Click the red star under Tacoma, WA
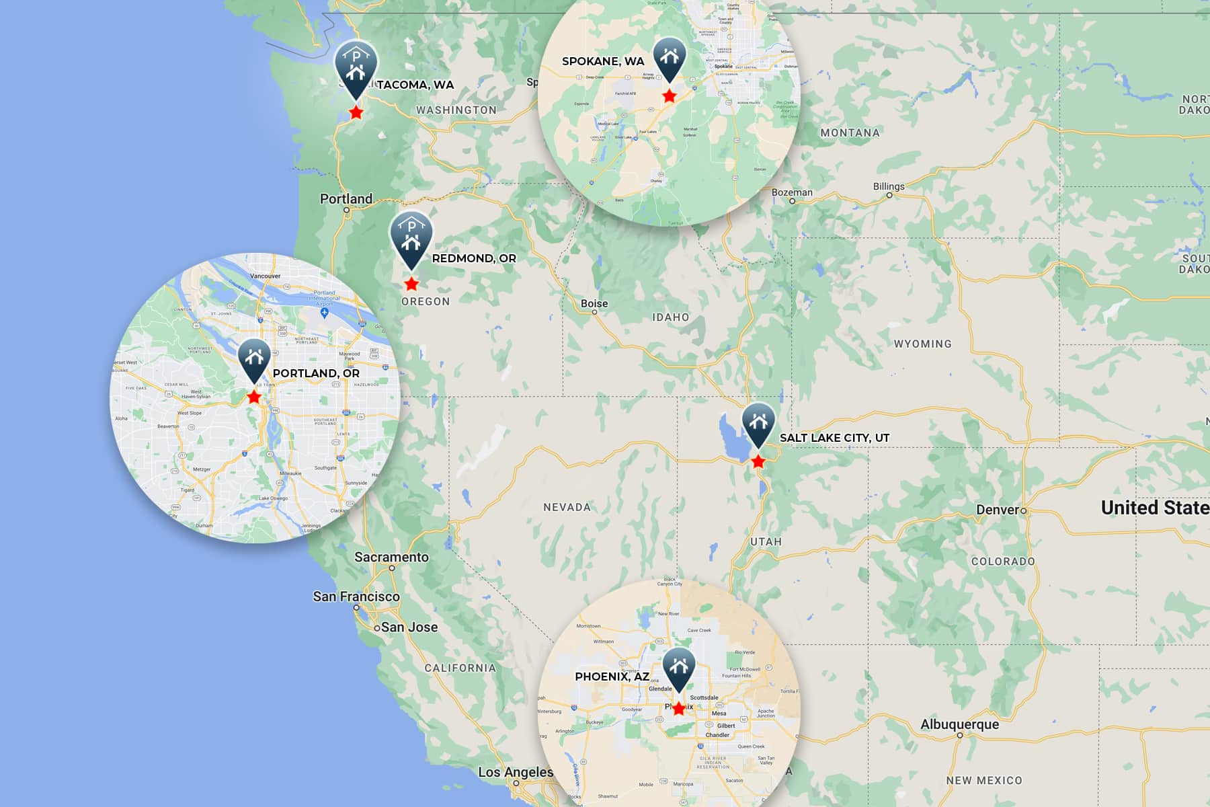pyautogui.click(x=356, y=112)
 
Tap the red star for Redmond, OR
pyautogui.click(x=411, y=284)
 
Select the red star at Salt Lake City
pyautogui.click(x=758, y=461)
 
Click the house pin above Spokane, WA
pyautogui.click(x=670, y=56)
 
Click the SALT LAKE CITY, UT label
pyautogui.click(x=834, y=438)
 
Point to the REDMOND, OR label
pyautogui.click(x=474, y=258)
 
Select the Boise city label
pyautogui.click(x=594, y=303)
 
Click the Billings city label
pyautogui.click(x=889, y=186)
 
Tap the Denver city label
pyautogui.click(x=998, y=510)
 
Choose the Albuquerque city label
pyautogui.click(x=959, y=724)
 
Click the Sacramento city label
pyautogui.click(x=391, y=557)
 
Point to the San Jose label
pyautogui.click(x=409, y=627)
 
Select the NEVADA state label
pyautogui.click(x=567, y=507)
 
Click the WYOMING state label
pyautogui.click(x=922, y=344)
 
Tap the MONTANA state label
pyautogui.click(x=850, y=132)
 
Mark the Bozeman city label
pyautogui.click(x=792, y=192)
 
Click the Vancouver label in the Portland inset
pyautogui.click(x=265, y=276)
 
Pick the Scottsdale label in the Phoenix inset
pyautogui.click(x=704, y=697)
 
